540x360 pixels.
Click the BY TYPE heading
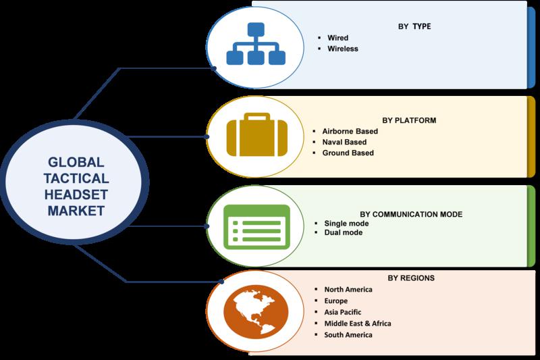point(414,26)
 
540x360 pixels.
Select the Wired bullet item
point(338,38)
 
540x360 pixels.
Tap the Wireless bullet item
point(343,49)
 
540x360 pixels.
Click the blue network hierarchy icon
point(256,44)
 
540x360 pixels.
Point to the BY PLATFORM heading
point(409,121)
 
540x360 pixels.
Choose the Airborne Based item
point(350,131)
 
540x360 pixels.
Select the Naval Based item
point(344,142)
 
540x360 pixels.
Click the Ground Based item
point(348,153)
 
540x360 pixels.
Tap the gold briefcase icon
point(257,134)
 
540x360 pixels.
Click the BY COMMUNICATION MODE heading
point(411,214)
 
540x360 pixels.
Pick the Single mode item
point(346,224)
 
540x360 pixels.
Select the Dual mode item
point(344,232)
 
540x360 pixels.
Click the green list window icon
point(256,227)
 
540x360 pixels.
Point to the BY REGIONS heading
point(411,278)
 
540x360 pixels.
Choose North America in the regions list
point(348,290)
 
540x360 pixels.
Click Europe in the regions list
point(335,301)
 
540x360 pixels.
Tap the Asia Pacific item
point(343,312)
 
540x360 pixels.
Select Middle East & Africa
point(358,324)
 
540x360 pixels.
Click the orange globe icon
point(256,311)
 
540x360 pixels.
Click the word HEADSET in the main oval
point(76,195)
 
